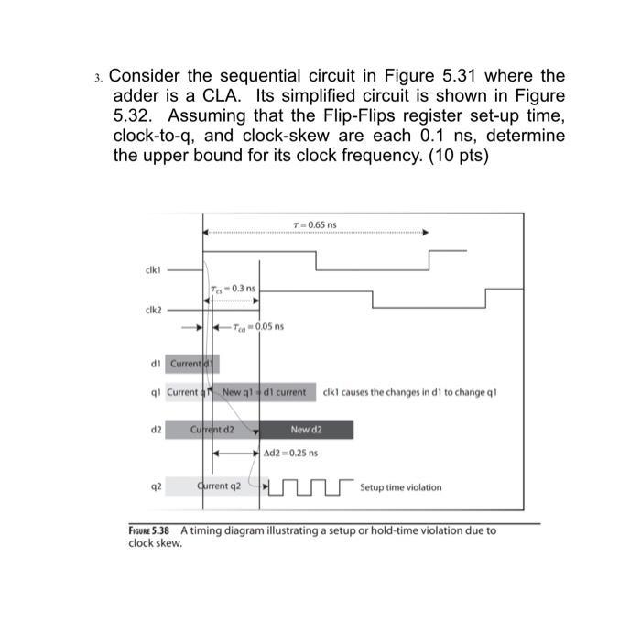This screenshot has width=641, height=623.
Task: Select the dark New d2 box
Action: pos(307,429)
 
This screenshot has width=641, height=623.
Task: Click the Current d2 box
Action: pos(212,429)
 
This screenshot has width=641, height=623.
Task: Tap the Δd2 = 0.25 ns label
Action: pos(291,453)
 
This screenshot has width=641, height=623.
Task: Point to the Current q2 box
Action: pos(219,486)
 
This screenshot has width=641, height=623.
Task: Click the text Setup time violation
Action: pos(400,487)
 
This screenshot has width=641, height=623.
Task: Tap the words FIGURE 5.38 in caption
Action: pos(151,530)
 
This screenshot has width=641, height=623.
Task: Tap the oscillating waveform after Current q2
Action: pos(310,486)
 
